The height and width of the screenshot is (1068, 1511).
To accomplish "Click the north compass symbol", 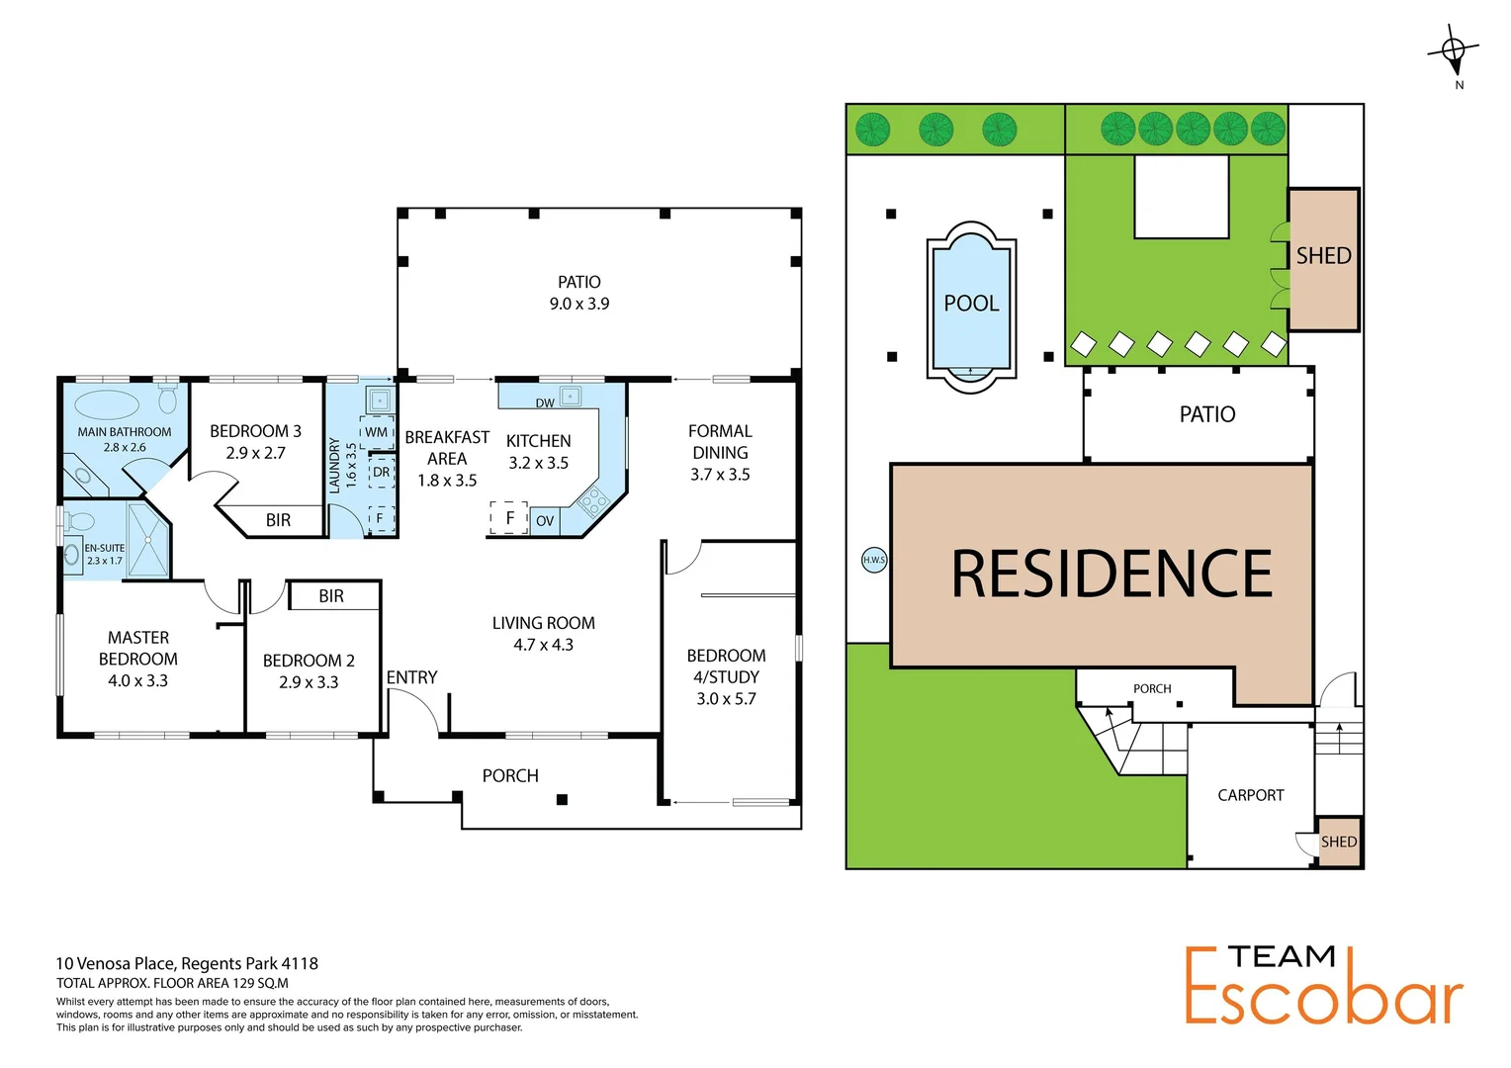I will point(1453,51).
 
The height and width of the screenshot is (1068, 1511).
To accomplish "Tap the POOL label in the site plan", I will point(971,304).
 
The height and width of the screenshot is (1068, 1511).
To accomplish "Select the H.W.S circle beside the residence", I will point(874,560).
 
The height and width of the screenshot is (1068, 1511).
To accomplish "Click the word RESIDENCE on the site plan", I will point(1111,575).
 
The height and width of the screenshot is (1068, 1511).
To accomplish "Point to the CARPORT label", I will point(1250,795).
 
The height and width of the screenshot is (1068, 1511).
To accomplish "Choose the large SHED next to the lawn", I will point(1323,257).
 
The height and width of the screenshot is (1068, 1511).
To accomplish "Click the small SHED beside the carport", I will point(1339,843).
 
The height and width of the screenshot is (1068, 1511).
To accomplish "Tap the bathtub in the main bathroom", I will point(107,405).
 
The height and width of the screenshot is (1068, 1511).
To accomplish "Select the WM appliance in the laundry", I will point(377,432).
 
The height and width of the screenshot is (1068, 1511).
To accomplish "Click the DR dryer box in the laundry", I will point(382,473).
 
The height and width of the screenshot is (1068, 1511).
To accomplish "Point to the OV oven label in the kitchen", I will point(545,521).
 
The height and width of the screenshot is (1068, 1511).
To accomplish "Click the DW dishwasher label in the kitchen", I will point(545,402).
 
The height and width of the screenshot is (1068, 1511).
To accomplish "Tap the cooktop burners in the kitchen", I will point(593,501).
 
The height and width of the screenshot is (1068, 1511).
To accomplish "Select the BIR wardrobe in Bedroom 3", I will point(278,520).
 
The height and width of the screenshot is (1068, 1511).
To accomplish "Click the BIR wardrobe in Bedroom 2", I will point(331,596).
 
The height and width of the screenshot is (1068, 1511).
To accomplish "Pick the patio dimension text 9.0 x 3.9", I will point(579,305).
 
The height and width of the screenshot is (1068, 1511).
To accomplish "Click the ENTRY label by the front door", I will point(411,677).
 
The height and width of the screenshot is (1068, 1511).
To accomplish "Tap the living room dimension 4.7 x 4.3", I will point(543,645).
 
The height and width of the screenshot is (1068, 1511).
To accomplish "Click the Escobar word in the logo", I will point(1323,999).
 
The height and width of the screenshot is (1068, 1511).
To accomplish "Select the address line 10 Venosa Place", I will point(187,963).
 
